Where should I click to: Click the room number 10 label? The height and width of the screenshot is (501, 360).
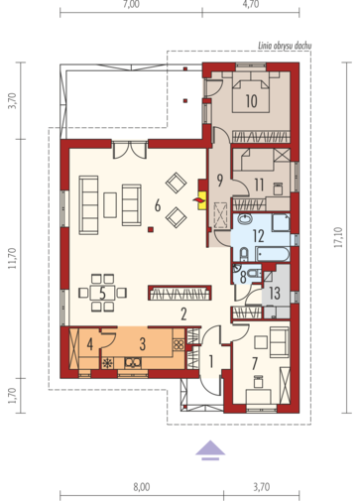point(252,101)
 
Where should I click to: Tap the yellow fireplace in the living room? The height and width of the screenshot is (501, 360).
point(202,200)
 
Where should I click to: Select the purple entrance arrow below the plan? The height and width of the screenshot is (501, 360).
point(210,450)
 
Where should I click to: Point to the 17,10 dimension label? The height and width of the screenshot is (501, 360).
point(339,237)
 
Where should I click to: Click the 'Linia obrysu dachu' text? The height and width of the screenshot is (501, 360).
point(285,46)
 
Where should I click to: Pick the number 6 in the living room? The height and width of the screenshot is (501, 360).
point(158,205)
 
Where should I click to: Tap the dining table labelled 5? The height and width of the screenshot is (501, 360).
point(102,293)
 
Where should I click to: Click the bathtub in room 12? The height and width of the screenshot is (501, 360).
point(273,254)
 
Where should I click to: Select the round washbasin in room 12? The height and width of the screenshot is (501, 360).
point(245,219)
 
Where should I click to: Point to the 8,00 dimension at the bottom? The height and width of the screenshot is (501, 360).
point(142,487)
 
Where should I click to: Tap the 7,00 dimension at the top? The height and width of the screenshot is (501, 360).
point(131,4)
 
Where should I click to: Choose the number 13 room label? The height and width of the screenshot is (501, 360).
point(275,293)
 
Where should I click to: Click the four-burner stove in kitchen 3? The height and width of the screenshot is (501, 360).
point(179,345)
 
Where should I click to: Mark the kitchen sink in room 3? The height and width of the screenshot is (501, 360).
point(133,363)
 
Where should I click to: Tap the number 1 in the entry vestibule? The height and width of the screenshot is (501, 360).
point(211,362)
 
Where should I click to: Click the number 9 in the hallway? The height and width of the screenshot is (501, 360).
point(219,181)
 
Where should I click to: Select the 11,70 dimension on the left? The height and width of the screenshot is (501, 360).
point(13,258)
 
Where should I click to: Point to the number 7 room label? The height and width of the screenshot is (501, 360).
point(255,364)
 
